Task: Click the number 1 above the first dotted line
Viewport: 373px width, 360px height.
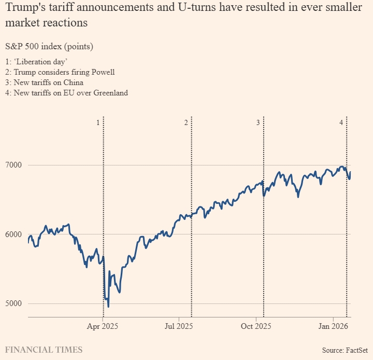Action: tap(98, 122)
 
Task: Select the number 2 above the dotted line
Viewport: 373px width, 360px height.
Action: tap(186, 122)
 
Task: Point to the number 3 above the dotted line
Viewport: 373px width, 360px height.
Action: tap(258, 122)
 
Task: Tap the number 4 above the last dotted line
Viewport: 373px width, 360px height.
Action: tap(341, 122)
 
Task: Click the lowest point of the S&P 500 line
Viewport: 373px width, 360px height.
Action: tap(108, 307)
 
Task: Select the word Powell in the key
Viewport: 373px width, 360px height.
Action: tap(103, 72)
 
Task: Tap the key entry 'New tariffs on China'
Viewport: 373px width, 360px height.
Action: tap(49, 82)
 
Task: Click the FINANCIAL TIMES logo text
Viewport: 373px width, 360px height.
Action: tap(44, 350)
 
